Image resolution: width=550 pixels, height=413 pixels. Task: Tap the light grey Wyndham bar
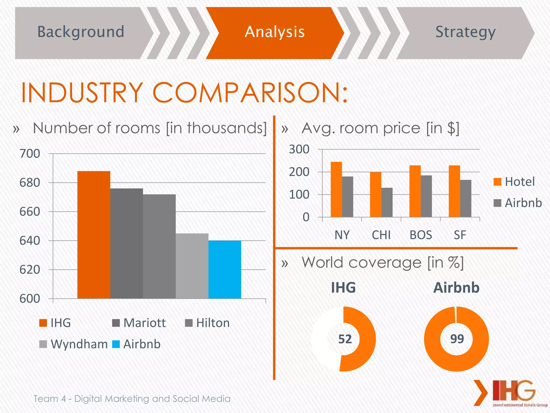click(x=192, y=266)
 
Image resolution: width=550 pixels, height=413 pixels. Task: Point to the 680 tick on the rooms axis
click(x=30, y=183)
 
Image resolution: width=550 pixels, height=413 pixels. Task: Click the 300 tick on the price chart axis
click(x=299, y=149)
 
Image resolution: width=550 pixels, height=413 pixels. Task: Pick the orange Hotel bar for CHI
click(x=375, y=194)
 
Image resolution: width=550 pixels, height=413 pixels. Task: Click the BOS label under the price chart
click(x=421, y=235)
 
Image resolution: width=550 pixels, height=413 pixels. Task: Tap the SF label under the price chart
click(x=460, y=235)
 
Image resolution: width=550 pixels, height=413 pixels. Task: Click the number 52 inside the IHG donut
click(x=345, y=339)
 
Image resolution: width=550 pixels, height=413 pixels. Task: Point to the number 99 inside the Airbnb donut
click(x=457, y=339)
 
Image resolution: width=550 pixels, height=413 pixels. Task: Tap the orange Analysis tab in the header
click(x=275, y=32)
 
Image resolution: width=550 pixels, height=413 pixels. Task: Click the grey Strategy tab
click(x=465, y=32)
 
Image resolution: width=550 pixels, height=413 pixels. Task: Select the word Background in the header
click(x=81, y=32)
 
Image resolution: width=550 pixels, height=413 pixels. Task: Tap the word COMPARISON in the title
click(x=250, y=92)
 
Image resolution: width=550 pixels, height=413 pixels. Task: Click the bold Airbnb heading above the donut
click(x=456, y=288)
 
